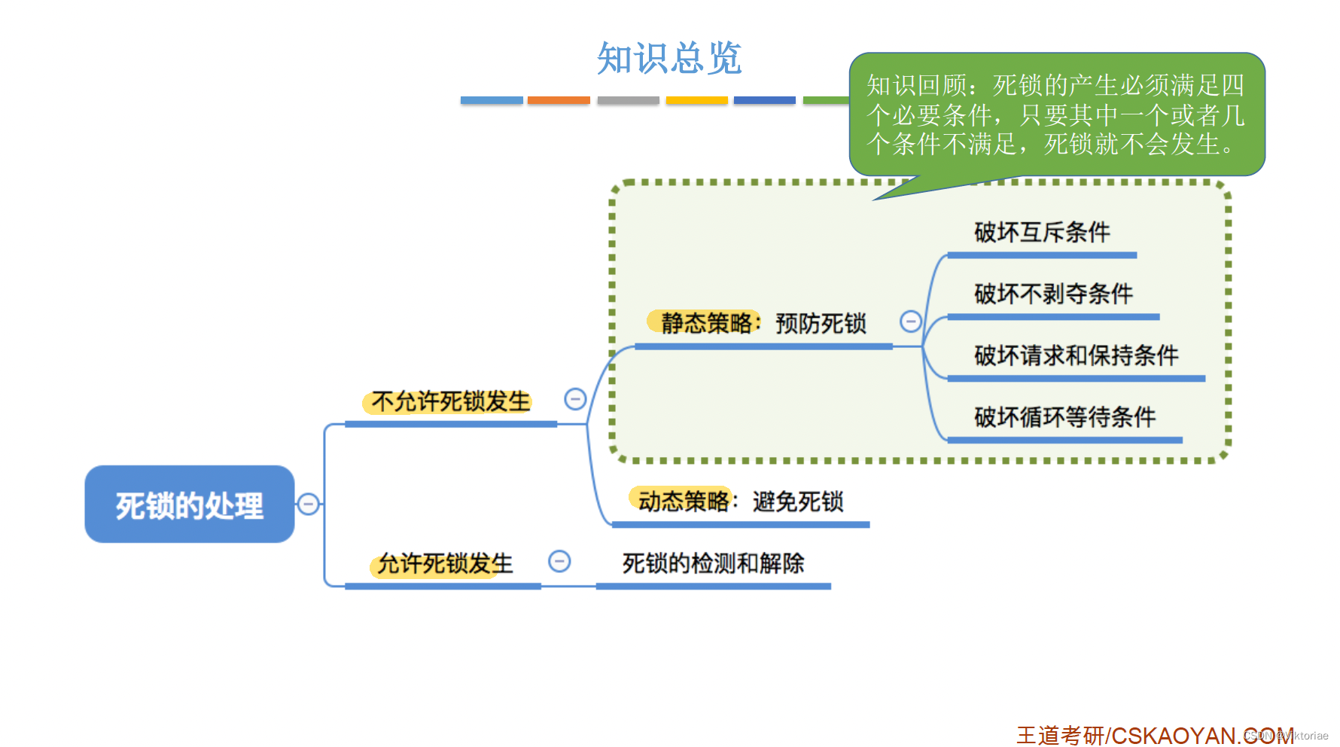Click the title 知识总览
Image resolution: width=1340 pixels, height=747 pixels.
click(x=669, y=58)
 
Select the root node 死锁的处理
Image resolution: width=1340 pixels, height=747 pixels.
click(x=189, y=505)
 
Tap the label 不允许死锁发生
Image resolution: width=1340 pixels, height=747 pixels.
click(x=450, y=402)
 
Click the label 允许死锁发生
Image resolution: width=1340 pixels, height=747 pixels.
click(x=444, y=563)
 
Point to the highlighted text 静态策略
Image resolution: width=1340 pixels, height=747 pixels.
click(x=705, y=323)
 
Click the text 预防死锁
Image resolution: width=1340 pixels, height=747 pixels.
click(x=821, y=324)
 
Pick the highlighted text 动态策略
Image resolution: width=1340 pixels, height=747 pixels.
click(x=682, y=501)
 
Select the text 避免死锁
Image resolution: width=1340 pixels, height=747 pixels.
click(x=798, y=502)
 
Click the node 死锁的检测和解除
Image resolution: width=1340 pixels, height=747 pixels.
click(x=713, y=563)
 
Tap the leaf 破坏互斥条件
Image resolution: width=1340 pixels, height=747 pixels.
click(x=1042, y=232)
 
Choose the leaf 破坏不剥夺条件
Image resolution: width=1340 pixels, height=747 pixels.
click(x=1053, y=294)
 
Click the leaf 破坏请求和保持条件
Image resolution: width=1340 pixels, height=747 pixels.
click(x=1076, y=355)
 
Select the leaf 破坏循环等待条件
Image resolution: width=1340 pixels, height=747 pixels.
click(x=1064, y=416)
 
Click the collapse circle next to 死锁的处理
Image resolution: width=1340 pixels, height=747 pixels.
click(x=308, y=504)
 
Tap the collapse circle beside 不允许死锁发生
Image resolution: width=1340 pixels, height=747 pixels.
click(x=575, y=399)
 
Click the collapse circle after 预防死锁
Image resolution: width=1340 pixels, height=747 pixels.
click(x=911, y=322)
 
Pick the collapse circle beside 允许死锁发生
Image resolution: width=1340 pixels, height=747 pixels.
click(x=559, y=561)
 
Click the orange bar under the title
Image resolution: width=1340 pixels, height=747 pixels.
click(x=559, y=100)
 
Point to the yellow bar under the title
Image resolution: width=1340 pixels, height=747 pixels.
click(x=696, y=100)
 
